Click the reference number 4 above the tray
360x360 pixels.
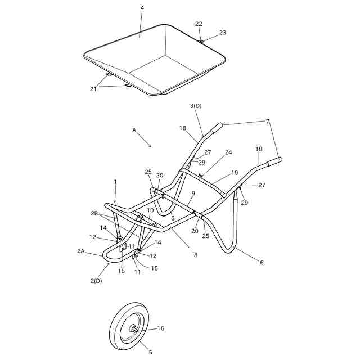(x=142, y=8)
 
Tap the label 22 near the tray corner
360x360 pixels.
(x=199, y=24)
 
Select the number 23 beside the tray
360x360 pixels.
(x=223, y=33)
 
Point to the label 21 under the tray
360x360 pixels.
(x=93, y=89)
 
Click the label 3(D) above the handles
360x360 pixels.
(x=196, y=106)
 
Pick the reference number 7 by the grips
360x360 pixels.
(x=268, y=121)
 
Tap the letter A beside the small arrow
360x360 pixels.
(x=134, y=129)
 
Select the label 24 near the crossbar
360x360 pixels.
(x=228, y=152)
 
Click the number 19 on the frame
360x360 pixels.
(x=235, y=173)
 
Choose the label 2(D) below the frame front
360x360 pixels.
(x=96, y=280)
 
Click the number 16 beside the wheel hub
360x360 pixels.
(x=160, y=328)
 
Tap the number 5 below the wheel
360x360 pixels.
(x=150, y=352)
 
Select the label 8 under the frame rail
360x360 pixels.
(x=196, y=255)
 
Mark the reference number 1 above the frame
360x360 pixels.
(x=115, y=182)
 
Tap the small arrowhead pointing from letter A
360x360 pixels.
(x=150, y=146)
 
